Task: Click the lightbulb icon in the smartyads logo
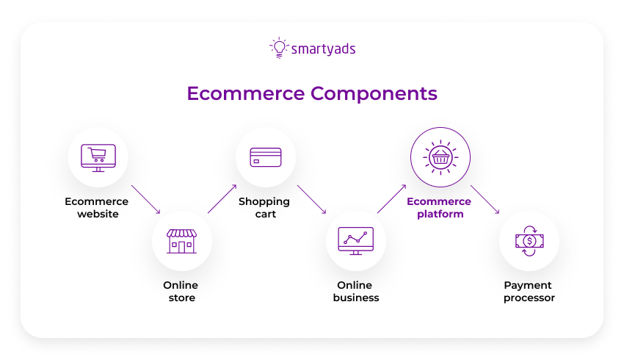[279, 48]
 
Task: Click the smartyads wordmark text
[324, 49]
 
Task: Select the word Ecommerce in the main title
[244, 94]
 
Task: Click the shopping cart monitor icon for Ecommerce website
[98, 156]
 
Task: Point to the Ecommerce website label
[96, 207]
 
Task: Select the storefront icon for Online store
[181, 241]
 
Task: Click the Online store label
[181, 292]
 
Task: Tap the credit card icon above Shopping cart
[265, 157]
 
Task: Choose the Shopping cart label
[264, 207]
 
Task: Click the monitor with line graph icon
[355, 241]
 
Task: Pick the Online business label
[355, 292]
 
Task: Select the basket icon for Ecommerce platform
[440, 157]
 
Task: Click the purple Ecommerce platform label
[439, 207]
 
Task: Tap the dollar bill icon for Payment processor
[529, 241]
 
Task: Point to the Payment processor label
[529, 292]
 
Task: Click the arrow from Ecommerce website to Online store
[145, 199]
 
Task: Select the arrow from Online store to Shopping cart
[222, 198]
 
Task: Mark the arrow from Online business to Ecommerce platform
[392, 198]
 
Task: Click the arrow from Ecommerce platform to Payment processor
[485, 199]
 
